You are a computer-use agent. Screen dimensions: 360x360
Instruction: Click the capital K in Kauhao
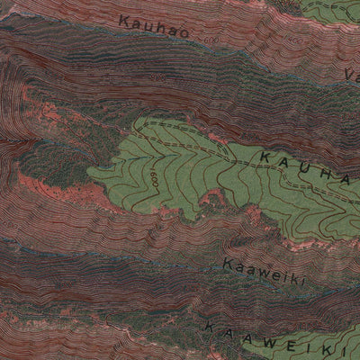[122, 16]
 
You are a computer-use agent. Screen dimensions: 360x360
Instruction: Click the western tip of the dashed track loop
[142, 122]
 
